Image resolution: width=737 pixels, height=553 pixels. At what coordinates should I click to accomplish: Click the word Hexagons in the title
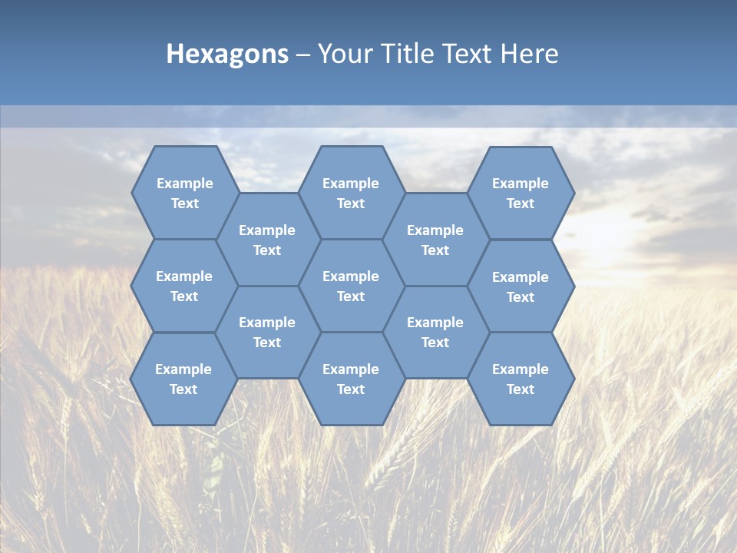pyautogui.click(x=227, y=54)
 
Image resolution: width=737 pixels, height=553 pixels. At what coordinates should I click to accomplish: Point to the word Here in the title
pyautogui.click(x=529, y=54)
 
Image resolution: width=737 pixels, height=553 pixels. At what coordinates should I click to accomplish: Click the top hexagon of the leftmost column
pyautogui.click(x=184, y=193)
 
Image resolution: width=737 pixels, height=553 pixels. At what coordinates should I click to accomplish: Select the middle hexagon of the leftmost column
pyautogui.click(x=184, y=286)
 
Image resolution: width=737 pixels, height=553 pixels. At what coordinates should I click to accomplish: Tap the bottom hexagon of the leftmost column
pyautogui.click(x=183, y=379)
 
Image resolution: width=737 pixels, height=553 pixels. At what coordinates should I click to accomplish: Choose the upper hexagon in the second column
pyautogui.click(x=267, y=240)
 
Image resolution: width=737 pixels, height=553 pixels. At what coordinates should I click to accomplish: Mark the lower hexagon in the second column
pyautogui.click(x=267, y=332)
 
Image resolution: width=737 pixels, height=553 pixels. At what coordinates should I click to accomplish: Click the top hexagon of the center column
pyautogui.click(x=351, y=193)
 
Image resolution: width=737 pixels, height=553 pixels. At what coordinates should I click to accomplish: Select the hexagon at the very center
pyautogui.click(x=351, y=286)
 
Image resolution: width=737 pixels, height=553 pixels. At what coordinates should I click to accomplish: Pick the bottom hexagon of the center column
pyautogui.click(x=351, y=379)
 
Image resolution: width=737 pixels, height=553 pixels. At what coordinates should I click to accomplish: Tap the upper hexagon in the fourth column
pyautogui.click(x=435, y=240)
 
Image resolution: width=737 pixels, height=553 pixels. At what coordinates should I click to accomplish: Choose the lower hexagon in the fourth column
pyautogui.click(x=435, y=332)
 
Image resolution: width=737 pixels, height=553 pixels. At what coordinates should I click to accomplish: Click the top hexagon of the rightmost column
pyautogui.click(x=521, y=193)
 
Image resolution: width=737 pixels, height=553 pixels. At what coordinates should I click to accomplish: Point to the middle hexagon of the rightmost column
pyautogui.click(x=521, y=286)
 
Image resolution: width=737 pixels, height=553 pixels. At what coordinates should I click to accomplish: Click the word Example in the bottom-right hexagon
pyautogui.click(x=521, y=369)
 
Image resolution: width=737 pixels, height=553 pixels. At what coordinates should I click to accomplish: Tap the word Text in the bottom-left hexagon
pyautogui.click(x=183, y=389)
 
